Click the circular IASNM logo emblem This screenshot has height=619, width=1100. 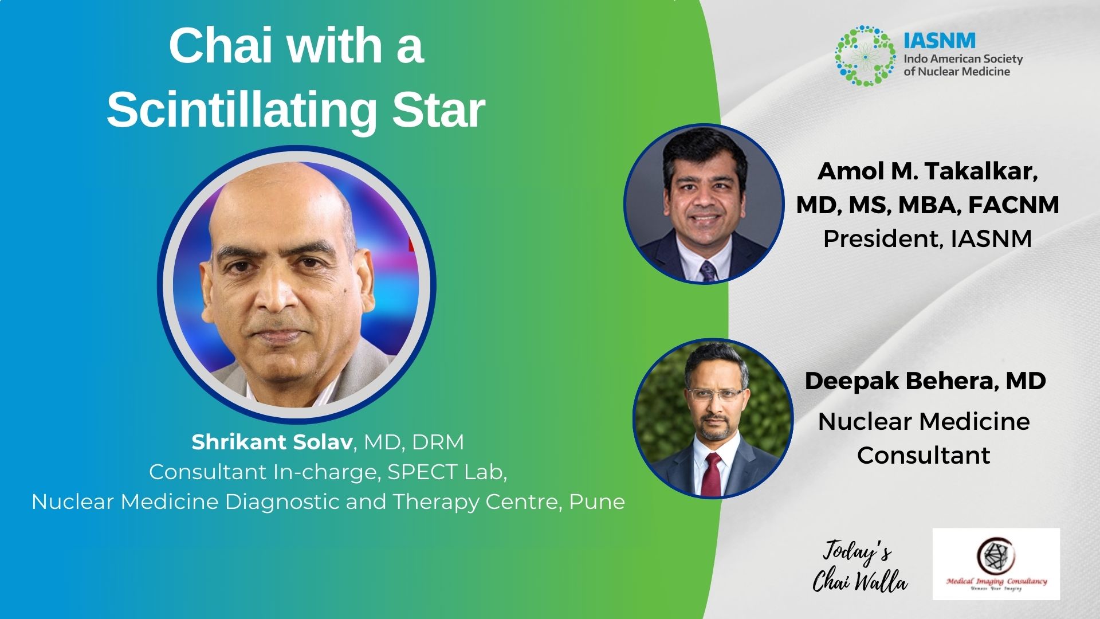(x=865, y=56)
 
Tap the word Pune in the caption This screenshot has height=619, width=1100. (x=596, y=502)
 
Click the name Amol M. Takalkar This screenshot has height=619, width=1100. (x=927, y=171)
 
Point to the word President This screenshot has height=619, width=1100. (x=882, y=238)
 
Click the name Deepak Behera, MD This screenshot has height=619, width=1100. (x=925, y=381)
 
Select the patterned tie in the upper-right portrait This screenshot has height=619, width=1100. (x=708, y=271)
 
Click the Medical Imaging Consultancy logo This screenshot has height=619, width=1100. (x=996, y=564)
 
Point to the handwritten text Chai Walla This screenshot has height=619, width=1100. (x=860, y=582)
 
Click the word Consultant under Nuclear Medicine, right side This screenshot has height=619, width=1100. (x=924, y=455)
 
